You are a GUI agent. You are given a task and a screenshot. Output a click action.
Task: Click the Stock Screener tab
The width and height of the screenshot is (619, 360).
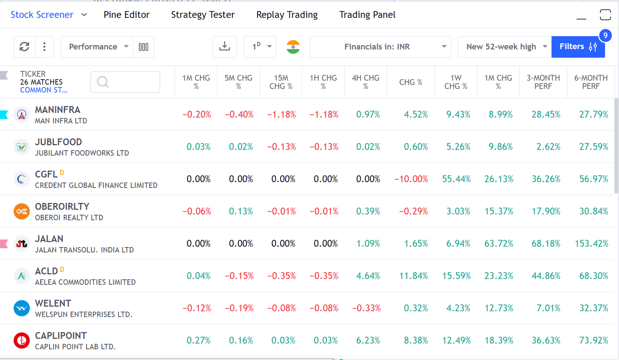[x=42, y=15]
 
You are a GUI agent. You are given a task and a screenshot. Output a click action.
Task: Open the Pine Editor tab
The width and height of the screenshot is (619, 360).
[x=126, y=15]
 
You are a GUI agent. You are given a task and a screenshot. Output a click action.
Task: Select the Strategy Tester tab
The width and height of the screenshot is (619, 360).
[x=203, y=15]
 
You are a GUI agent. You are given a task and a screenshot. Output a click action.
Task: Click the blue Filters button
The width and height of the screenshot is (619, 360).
[x=578, y=47]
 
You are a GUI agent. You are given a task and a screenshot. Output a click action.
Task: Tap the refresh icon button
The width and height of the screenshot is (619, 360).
[x=24, y=47]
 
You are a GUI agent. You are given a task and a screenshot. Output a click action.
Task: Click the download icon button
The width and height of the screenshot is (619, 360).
[x=224, y=47]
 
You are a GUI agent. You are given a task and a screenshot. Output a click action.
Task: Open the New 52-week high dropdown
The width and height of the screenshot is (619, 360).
[x=504, y=47]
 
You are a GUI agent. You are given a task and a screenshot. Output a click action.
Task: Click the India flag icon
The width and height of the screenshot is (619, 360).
[x=293, y=47]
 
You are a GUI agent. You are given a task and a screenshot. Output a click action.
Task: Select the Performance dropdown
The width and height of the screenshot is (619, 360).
[x=97, y=47]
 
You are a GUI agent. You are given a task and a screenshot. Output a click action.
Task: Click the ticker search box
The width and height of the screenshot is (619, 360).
[x=125, y=82]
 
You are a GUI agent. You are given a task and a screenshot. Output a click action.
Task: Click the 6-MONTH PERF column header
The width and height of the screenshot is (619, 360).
[x=590, y=82]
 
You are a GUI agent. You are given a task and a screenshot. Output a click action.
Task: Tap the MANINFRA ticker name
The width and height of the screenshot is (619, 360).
[x=58, y=110]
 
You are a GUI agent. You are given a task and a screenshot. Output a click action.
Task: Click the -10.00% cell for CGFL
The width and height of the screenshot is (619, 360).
[x=411, y=179]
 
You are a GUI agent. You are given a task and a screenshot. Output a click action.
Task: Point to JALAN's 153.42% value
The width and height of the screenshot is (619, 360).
[x=591, y=244]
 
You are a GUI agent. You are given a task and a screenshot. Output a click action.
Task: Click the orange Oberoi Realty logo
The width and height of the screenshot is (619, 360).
[x=22, y=212]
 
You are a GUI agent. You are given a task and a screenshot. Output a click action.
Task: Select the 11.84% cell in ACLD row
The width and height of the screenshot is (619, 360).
[x=413, y=276]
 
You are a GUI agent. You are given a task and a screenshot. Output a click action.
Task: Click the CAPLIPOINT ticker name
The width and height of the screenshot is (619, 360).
[x=61, y=336]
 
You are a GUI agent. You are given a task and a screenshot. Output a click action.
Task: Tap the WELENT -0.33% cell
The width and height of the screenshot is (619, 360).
[x=366, y=308]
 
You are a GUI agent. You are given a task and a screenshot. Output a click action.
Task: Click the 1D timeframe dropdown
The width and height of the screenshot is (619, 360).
[x=260, y=47]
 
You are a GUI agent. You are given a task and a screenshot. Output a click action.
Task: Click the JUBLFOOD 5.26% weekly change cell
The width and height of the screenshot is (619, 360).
[x=458, y=147]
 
